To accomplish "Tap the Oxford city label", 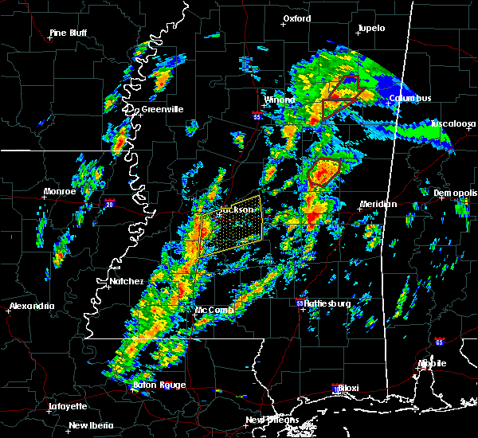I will [297, 18].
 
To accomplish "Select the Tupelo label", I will [371, 28].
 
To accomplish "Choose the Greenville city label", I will [162, 109].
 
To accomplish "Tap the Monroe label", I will [60, 191].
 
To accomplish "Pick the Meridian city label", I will [378, 204].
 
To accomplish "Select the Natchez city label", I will [126, 281].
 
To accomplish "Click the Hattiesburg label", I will [325, 303].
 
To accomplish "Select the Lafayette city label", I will [67, 405].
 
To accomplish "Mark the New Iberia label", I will [90, 424].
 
